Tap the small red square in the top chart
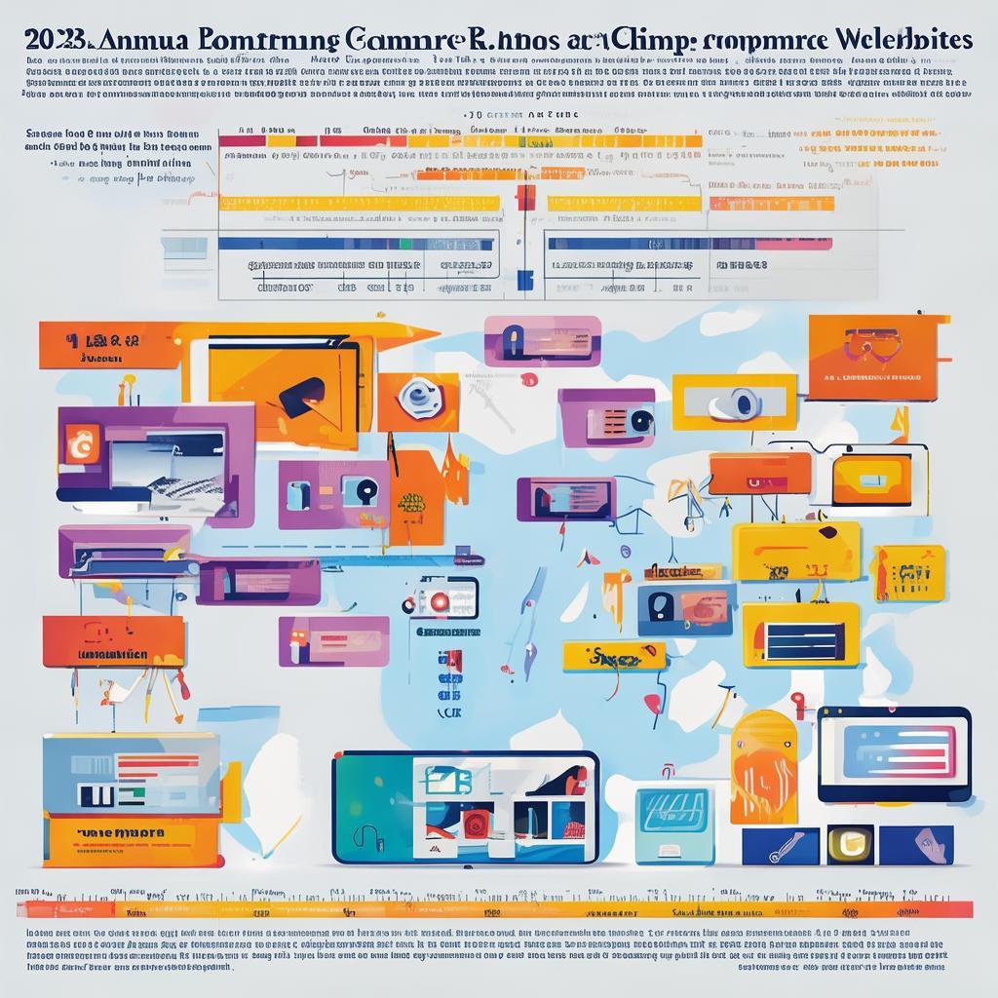click(x=526, y=198)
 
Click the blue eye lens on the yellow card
click(x=747, y=402)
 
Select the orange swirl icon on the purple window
click(x=76, y=442)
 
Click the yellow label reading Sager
click(x=612, y=658)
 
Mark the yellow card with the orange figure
click(x=907, y=573)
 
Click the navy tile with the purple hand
click(x=915, y=845)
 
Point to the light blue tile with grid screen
click(x=673, y=824)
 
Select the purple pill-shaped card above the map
click(x=542, y=340)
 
